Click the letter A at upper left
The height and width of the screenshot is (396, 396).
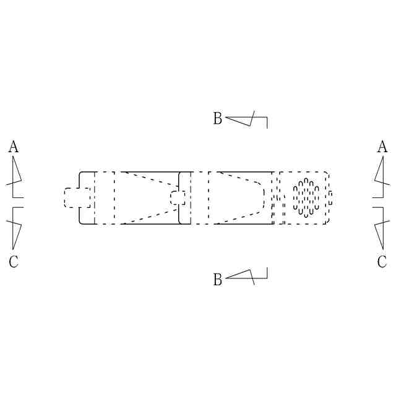[14, 147]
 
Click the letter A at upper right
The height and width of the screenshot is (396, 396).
[382, 147]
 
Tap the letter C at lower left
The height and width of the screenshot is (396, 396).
[14, 261]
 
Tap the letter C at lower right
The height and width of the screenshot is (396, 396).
[382, 261]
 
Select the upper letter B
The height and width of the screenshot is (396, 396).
[218, 118]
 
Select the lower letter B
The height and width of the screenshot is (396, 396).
[218, 279]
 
